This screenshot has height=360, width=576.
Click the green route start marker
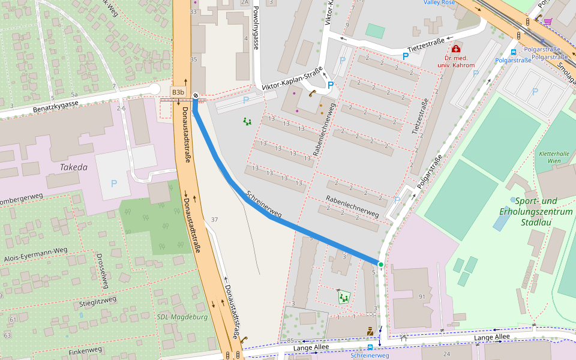380,264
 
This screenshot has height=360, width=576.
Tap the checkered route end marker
195,94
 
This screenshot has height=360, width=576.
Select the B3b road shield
178,92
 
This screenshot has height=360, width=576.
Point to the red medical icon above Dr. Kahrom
456,49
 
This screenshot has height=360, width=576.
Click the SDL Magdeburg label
181,317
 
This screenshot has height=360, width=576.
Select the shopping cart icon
547,22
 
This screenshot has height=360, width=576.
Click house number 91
422,297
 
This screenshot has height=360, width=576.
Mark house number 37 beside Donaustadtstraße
214,220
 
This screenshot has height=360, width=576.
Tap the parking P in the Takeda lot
114,183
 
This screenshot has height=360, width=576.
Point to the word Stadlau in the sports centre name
536,223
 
